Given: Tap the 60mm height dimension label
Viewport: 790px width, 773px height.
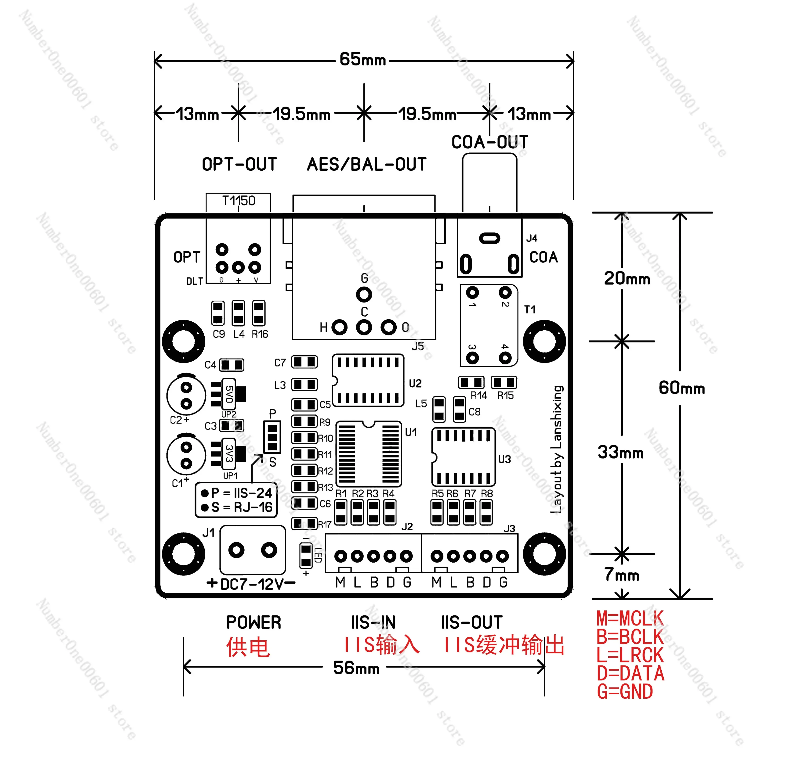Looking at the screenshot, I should point(681,388).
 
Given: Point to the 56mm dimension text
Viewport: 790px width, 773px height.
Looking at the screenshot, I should point(356,668).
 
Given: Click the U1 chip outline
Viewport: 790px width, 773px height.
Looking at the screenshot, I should point(368,454).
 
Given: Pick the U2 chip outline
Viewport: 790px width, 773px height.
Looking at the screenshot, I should point(368,380).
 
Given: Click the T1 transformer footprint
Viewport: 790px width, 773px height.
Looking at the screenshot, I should point(489,325).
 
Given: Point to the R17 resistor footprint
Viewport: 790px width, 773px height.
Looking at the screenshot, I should point(304,523).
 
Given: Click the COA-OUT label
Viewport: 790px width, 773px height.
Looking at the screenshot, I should point(490,142).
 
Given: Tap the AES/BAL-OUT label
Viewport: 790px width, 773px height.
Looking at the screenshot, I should point(366,164).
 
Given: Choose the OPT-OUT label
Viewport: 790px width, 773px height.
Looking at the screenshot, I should point(239,164).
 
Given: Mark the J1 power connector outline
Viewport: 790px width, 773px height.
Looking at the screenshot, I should point(253,550).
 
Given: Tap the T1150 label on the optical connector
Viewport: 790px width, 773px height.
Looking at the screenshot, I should point(238,201).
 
